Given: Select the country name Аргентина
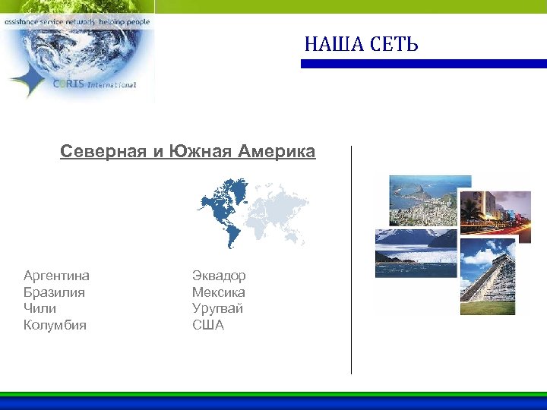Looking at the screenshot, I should pyautogui.click(x=56, y=276).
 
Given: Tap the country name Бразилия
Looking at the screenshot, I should pyautogui.click(x=54, y=292).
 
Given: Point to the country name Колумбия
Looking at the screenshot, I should pyautogui.click(x=55, y=326).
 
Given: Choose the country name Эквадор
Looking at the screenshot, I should pyautogui.click(x=219, y=276).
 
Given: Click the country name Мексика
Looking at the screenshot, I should pyautogui.click(x=218, y=292).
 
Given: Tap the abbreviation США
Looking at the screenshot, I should pyautogui.click(x=208, y=326).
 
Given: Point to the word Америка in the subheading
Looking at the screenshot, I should pyautogui.click(x=277, y=152).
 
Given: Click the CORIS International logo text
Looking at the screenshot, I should pyautogui.click(x=94, y=84).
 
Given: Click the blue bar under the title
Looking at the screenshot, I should pyautogui.click(x=423, y=65).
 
